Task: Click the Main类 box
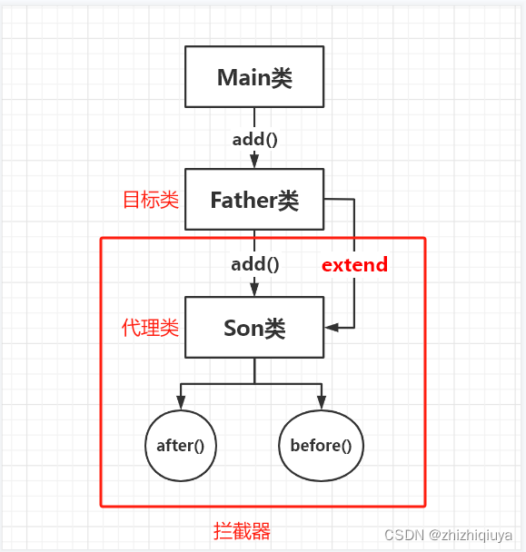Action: pyautogui.click(x=254, y=77)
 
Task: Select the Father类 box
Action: pyautogui.click(x=254, y=200)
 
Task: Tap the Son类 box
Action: pyautogui.click(x=254, y=327)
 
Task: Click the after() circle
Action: pyautogui.click(x=180, y=445)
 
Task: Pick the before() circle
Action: pyautogui.click(x=321, y=445)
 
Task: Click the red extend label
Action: pyautogui.click(x=354, y=265)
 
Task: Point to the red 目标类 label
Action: pyautogui.click(x=151, y=200)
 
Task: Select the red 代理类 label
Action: pyautogui.click(x=151, y=328)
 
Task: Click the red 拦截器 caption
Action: pyautogui.click(x=242, y=531)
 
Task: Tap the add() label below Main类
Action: pyautogui.click(x=254, y=139)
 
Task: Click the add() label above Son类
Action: pyautogui.click(x=254, y=264)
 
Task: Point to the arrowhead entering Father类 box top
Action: pyautogui.click(x=254, y=161)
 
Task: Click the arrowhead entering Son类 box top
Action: pyautogui.click(x=254, y=289)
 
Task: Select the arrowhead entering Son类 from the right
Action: pyautogui.click(x=332, y=327)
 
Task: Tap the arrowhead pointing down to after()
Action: pyautogui.click(x=180, y=401)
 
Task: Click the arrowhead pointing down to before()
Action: pyautogui.click(x=321, y=401)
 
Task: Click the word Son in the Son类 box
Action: pyautogui.click(x=243, y=328)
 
